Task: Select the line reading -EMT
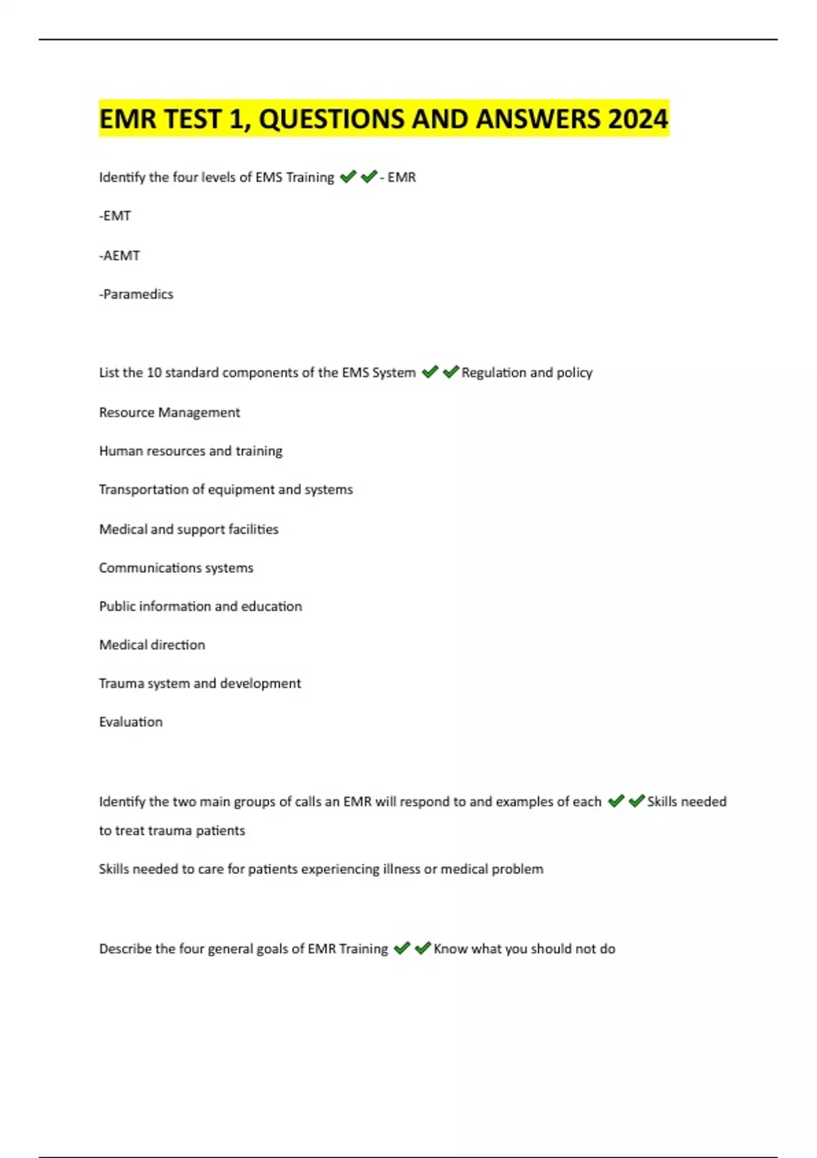point(115,216)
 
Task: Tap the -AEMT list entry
point(120,255)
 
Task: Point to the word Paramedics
point(138,294)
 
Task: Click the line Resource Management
point(170,412)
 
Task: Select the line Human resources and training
point(191,451)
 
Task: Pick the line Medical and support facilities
point(189,529)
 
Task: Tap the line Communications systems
point(176,568)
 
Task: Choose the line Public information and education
point(200,606)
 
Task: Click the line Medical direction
point(152,645)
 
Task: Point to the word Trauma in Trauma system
point(118,683)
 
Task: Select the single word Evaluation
point(131,722)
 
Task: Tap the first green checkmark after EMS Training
point(348,177)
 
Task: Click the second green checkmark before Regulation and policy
point(450,372)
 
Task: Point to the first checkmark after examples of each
point(615,801)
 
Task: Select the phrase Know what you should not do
point(524,949)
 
